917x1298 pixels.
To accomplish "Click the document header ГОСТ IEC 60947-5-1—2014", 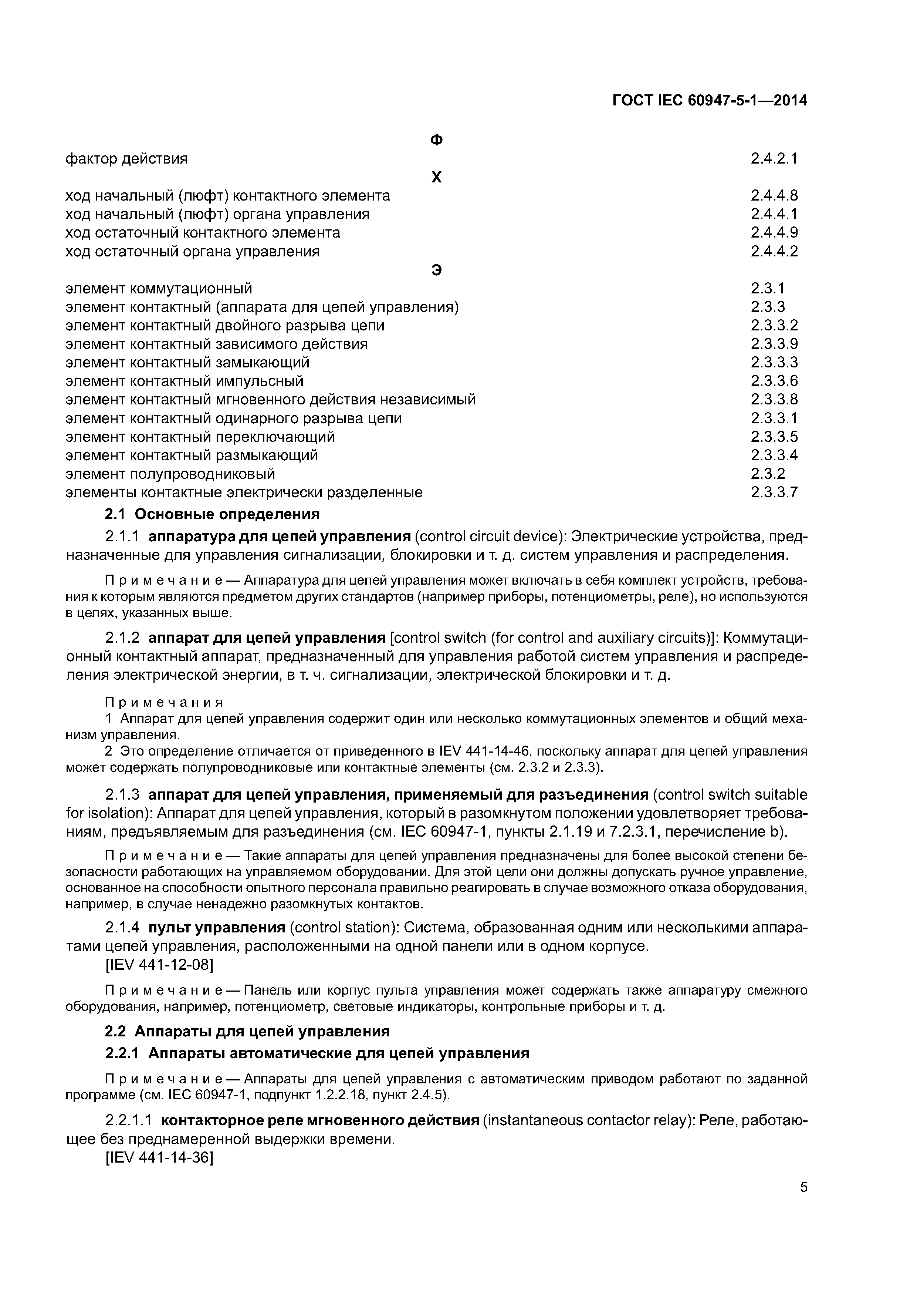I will tap(710, 101).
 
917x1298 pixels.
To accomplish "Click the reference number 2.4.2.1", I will tap(774, 159).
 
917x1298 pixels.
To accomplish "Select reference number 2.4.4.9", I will tap(774, 233).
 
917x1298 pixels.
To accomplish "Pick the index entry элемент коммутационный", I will tap(159, 289).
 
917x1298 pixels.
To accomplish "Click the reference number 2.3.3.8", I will tap(774, 400).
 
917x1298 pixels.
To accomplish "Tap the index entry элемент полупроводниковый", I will tap(170, 474).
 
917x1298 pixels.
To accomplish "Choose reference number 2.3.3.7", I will tap(774, 492).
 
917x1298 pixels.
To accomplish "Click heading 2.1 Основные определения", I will tap(213, 514).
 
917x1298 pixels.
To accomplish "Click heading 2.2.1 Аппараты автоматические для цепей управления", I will tap(317, 1053).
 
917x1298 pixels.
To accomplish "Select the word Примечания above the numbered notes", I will tap(164, 702).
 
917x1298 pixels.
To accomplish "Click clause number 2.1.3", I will tap(122, 795).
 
